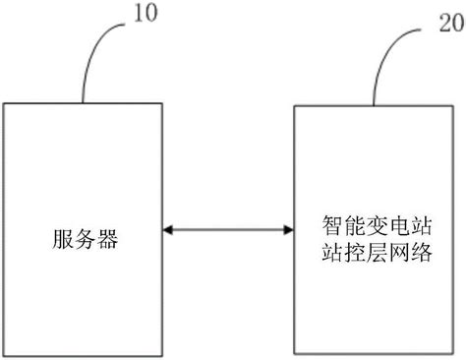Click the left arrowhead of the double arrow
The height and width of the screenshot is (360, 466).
tap(167, 230)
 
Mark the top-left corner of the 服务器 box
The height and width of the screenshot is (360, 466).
tap(5, 101)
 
